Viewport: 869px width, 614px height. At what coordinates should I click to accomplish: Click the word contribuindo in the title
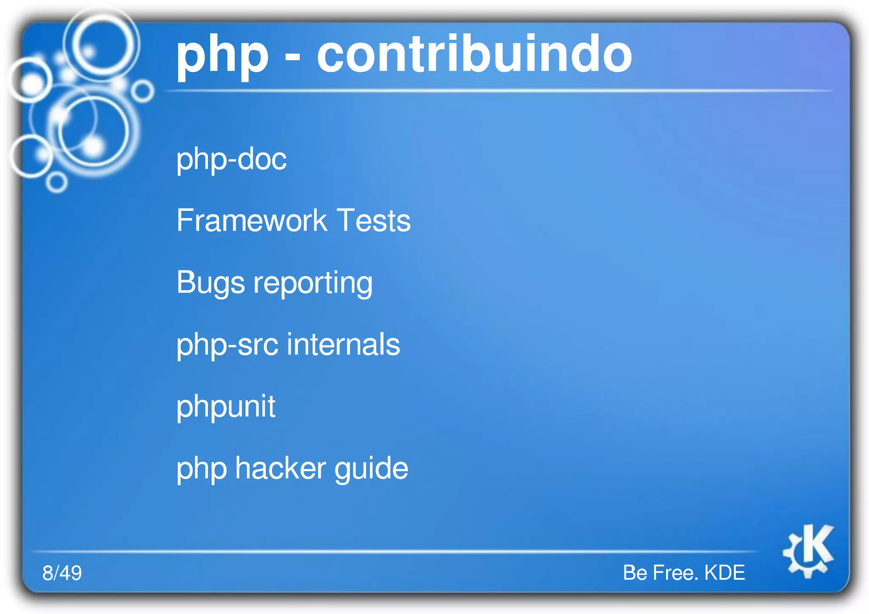[x=474, y=54]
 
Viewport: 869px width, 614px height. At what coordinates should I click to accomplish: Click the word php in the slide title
[x=222, y=57]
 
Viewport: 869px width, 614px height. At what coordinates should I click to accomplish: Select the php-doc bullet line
[x=231, y=159]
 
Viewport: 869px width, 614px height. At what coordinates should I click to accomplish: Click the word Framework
[x=252, y=220]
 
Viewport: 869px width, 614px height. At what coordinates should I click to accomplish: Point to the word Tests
[x=373, y=220]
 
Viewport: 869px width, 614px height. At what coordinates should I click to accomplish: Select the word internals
[x=343, y=344]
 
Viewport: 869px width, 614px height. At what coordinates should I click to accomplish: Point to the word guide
[x=371, y=469]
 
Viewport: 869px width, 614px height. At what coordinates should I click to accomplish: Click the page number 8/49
[x=62, y=572]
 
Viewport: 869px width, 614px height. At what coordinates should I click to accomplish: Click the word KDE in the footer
[x=724, y=572]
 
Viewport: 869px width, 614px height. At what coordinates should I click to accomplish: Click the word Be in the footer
[x=635, y=572]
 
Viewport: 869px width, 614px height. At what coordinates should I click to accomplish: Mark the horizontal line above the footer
[x=395, y=551]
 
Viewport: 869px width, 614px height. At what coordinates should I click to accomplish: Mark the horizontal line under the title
[x=499, y=91]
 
